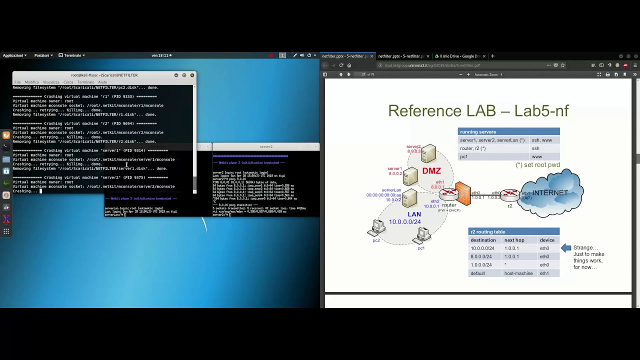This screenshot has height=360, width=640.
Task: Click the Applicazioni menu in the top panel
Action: (x=14, y=55)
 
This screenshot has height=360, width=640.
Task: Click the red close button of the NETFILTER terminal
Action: (x=192, y=75)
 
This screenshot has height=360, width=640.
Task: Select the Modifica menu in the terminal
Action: (x=31, y=82)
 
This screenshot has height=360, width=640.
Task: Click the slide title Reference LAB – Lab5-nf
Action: (x=478, y=110)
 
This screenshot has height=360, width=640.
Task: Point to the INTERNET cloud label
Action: (x=550, y=193)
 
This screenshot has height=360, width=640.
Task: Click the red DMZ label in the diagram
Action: (x=431, y=171)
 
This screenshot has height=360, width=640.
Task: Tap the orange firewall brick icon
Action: (x=463, y=194)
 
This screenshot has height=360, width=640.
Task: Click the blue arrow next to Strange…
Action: (x=565, y=247)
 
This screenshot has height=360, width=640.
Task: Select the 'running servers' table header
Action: (x=478, y=132)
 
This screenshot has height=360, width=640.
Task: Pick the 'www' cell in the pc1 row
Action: (x=537, y=156)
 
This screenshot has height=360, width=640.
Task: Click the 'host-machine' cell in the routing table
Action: (x=518, y=273)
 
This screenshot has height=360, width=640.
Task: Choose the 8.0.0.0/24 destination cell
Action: (x=481, y=256)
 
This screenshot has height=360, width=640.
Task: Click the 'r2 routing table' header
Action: (x=487, y=232)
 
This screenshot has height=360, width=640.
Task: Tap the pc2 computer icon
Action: (x=376, y=229)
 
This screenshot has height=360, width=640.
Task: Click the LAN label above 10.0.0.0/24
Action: (x=414, y=214)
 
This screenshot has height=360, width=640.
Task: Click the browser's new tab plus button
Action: (x=492, y=56)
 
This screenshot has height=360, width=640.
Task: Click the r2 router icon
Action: (x=510, y=194)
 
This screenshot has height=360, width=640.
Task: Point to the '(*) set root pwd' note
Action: (x=537, y=165)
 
